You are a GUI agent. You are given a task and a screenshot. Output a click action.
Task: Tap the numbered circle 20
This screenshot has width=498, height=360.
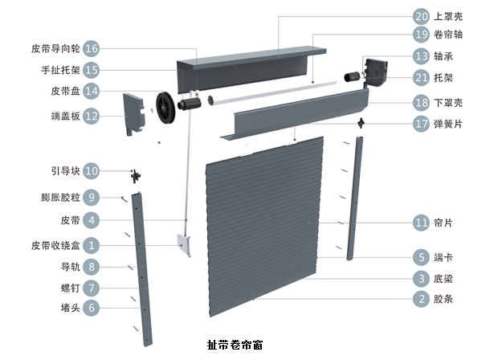coord(422,16)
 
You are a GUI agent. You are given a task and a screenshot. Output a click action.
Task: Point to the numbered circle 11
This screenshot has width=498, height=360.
coord(422,223)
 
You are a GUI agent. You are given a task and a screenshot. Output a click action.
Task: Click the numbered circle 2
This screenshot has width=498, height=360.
coord(422,300)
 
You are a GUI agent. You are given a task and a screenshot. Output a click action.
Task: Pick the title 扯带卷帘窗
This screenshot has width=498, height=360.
coord(234,346)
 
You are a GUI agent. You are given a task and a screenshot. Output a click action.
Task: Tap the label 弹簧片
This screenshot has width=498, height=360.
coord(448,125)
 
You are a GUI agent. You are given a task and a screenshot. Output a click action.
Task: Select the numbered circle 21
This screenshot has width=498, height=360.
coord(422,77)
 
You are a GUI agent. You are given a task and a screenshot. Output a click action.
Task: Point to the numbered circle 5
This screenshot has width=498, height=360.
coord(422,258)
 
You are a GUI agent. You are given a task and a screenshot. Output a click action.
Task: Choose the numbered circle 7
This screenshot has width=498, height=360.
coord(91,287)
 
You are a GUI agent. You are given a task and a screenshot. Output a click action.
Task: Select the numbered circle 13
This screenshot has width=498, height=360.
coord(422,56)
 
